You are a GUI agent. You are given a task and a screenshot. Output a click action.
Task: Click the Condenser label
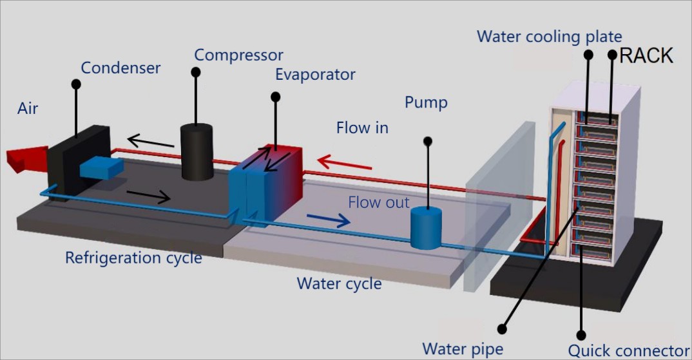(120, 68)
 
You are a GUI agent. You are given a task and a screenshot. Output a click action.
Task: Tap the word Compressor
(238, 55)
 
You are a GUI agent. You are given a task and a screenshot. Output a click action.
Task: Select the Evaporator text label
(315, 74)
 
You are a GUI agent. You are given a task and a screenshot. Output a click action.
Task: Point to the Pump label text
(426, 102)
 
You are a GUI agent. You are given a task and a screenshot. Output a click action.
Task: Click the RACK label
(646, 55)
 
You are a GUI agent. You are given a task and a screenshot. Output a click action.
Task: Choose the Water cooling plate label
(549, 36)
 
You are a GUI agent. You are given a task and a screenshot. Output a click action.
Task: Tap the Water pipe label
(462, 349)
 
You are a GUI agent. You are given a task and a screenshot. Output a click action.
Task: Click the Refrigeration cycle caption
(133, 258)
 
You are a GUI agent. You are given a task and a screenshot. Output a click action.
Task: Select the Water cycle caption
(339, 283)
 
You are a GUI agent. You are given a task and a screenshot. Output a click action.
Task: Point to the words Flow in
(362, 128)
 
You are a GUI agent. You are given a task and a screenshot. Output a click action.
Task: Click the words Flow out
(379, 202)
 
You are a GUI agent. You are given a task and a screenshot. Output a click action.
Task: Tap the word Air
(28, 108)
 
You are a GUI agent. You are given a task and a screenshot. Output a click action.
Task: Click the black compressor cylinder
(197, 152)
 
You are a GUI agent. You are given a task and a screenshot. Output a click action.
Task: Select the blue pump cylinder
(425, 227)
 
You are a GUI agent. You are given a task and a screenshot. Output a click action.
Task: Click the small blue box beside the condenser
(101, 166)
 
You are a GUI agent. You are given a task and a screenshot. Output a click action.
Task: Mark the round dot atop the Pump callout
(427, 140)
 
